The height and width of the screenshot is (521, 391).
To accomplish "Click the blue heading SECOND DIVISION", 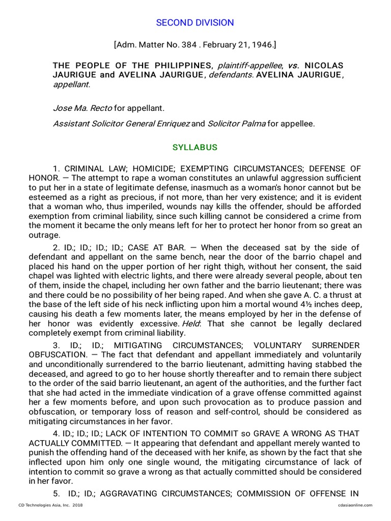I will click(x=195, y=23).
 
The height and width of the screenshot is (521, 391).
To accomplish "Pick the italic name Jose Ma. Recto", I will click(x=76, y=108).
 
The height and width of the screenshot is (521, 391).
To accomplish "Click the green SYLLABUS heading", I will click(x=195, y=148).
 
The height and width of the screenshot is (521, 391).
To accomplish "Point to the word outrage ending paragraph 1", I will click(x=44, y=235).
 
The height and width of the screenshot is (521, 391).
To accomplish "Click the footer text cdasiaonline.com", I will click(x=355, y=505).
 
